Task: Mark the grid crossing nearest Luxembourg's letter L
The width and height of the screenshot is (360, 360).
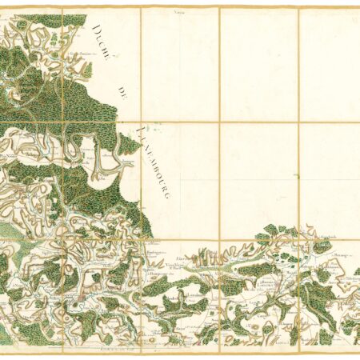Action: pos(142,123)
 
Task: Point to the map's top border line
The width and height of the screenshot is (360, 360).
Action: pos(180,8)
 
